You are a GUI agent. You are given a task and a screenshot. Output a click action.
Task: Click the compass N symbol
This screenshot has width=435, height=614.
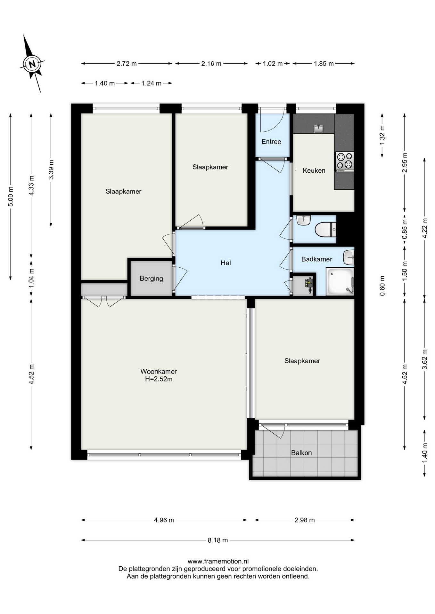pyautogui.click(x=32, y=64)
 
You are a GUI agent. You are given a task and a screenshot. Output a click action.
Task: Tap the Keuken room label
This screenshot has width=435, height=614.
pyautogui.click(x=314, y=170)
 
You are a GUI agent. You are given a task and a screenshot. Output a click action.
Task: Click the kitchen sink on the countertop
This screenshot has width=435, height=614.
pyautogui.click(x=318, y=129)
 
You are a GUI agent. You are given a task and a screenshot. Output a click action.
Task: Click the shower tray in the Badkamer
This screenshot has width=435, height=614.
pyautogui.click(x=340, y=281)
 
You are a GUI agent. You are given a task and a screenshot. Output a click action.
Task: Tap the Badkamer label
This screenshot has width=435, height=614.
pyautogui.click(x=316, y=259)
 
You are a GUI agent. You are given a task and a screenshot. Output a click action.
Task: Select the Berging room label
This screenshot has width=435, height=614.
pyautogui.click(x=151, y=279)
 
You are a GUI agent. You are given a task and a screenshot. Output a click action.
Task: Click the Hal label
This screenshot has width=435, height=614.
pyautogui.click(x=226, y=263)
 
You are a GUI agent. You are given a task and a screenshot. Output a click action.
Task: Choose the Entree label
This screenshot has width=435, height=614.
pyautogui.click(x=271, y=142)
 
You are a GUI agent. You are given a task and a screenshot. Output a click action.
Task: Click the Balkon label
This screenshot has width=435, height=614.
pyautogui.click(x=301, y=453)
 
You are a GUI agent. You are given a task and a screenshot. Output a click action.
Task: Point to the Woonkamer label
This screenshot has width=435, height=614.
pyautogui.click(x=159, y=371)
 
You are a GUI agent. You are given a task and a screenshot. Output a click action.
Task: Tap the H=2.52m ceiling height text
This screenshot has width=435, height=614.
pyautogui.click(x=159, y=379)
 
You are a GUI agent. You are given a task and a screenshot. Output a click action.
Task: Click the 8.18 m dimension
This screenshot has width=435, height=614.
pyautogui.click(x=218, y=540)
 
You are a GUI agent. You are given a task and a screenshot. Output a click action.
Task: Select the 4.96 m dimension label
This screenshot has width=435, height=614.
pyautogui.click(x=164, y=520)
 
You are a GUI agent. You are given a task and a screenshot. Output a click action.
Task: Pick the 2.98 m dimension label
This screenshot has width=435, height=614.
pyautogui.click(x=305, y=520)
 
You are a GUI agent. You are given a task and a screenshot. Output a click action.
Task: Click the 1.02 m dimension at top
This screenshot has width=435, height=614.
pyautogui.click(x=273, y=64)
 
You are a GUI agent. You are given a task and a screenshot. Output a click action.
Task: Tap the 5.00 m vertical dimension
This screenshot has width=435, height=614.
pyautogui.click(x=11, y=196)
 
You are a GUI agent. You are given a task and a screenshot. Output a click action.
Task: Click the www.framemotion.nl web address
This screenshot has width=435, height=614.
pyautogui.click(x=218, y=561)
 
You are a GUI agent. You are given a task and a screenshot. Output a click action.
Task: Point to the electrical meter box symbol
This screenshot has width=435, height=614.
pyautogui.click(x=309, y=284)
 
